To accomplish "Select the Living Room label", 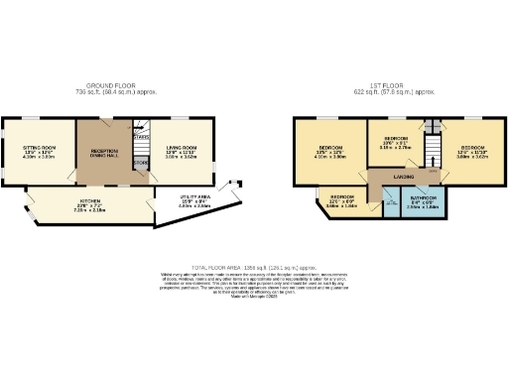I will [x=182, y=147].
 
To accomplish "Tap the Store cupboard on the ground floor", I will [x=140, y=164].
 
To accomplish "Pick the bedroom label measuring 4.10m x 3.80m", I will [x=330, y=151].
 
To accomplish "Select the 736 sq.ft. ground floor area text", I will [x=126, y=92].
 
